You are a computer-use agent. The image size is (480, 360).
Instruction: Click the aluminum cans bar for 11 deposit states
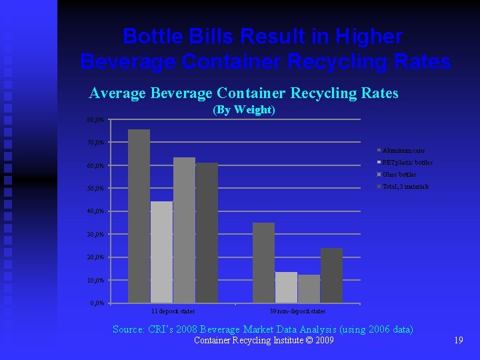(x=139, y=216)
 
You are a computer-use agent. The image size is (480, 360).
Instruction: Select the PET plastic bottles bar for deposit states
(x=161, y=252)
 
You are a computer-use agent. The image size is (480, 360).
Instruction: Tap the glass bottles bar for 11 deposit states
(x=184, y=230)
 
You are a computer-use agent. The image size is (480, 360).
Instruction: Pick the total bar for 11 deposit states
(x=207, y=233)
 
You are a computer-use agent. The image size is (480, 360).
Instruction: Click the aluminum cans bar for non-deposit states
(x=263, y=263)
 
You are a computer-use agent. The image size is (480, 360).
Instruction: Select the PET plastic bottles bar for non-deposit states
(x=286, y=287)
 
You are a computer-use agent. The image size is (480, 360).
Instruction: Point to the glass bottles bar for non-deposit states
(x=309, y=289)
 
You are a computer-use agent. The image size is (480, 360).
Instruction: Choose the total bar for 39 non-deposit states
(x=331, y=275)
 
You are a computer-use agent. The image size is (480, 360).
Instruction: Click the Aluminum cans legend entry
(x=403, y=151)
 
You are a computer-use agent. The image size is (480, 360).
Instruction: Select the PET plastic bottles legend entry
(x=407, y=163)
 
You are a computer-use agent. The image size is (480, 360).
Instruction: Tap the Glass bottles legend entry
(x=399, y=175)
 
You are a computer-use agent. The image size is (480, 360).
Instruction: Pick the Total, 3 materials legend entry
(x=405, y=186)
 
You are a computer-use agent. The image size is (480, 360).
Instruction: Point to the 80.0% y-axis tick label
(x=95, y=120)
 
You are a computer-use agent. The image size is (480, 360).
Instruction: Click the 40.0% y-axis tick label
(x=95, y=211)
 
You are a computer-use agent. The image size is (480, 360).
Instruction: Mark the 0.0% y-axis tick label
(x=97, y=303)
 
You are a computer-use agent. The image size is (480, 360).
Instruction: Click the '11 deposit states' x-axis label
(x=173, y=311)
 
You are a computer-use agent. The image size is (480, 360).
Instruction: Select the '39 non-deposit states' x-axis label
(x=297, y=311)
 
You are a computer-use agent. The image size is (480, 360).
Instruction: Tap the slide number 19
(x=458, y=341)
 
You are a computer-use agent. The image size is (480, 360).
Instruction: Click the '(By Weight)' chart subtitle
(x=243, y=110)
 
